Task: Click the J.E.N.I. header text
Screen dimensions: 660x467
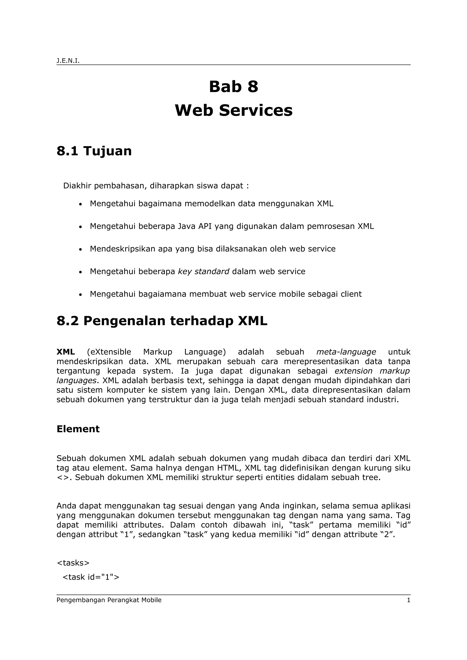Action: coord(68,61)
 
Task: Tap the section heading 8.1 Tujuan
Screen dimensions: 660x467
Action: coord(94,151)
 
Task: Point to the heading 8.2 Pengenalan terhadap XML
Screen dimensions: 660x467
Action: coord(162,321)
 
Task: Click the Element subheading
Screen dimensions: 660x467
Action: coord(78,429)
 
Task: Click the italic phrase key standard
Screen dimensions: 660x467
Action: coord(203,271)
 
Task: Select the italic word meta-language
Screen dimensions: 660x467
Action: coord(346,352)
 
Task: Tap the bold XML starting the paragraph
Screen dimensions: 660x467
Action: coord(66,352)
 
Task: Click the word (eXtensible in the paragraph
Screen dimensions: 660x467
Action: coord(109,352)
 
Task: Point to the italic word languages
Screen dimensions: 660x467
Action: coord(76,381)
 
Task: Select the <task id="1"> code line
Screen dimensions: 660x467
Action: coord(91,577)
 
